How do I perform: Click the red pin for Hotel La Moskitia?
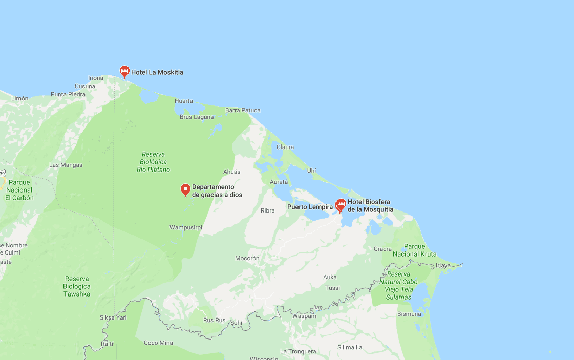point(124,71)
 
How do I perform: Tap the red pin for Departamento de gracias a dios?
point(186,189)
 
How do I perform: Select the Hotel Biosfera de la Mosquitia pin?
point(341,205)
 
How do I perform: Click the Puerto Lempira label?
point(310,207)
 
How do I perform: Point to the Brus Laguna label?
point(197,117)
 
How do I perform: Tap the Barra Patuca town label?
point(243,110)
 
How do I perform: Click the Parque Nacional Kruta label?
point(414,250)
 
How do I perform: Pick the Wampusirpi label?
point(186,227)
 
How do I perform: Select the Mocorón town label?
point(247,258)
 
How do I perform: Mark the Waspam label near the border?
point(304,316)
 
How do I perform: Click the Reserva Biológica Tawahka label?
point(77,286)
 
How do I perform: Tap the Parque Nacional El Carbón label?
point(19,190)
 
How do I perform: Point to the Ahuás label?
point(231,172)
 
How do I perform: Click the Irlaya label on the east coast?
point(442,265)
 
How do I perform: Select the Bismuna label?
point(409,314)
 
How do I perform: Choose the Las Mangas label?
point(66,165)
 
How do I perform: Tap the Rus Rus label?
point(214,320)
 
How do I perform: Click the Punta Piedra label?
point(68,94)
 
